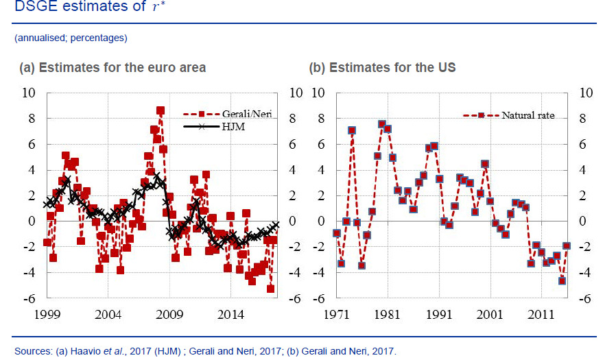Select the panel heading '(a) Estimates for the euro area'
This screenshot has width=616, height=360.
[x=113, y=68]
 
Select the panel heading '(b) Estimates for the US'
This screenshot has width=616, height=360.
[x=382, y=68]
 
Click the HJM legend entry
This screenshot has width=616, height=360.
[x=220, y=127]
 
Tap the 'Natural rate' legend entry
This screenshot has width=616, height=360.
[x=508, y=115]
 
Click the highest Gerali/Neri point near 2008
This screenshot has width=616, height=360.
[x=161, y=110]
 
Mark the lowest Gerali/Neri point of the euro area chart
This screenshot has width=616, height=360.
[x=270, y=289]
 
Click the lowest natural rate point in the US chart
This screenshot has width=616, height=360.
[x=562, y=280]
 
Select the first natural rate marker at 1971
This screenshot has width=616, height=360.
[x=336, y=233]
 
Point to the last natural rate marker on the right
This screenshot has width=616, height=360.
[x=567, y=245]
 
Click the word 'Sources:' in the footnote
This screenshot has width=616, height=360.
[x=32, y=351]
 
